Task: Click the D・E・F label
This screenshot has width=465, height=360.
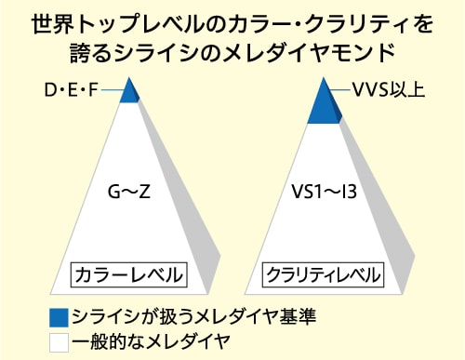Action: pyautogui.click(x=72, y=90)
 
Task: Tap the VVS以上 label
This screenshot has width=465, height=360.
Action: pyautogui.click(x=389, y=90)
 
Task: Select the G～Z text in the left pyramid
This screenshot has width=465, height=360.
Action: pyautogui.click(x=129, y=192)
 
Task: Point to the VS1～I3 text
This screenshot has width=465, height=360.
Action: pyautogui.click(x=324, y=192)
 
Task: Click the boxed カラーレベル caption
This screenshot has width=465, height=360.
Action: pyautogui.click(x=129, y=275)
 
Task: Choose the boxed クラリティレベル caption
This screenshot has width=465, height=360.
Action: pyautogui.click(x=324, y=275)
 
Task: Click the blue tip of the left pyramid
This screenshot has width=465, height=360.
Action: pyautogui.click(x=129, y=91)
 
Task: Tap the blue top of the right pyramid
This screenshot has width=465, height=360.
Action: pyautogui.click(x=324, y=105)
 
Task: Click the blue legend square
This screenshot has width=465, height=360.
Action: pyautogui.click(x=59, y=318)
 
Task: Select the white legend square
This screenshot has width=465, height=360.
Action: pyautogui.click(x=59, y=342)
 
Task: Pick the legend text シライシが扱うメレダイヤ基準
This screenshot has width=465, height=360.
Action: pyautogui.click(x=194, y=317)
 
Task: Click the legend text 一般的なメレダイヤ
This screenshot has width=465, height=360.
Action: pyautogui.click(x=151, y=341)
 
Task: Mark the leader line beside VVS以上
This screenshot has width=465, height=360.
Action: pyautogui.click(x=339, y=90)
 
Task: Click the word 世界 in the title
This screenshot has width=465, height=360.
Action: pyautogui.click(x=53, y=24)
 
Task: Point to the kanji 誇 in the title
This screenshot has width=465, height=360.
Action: pyautogui.click(x=80, y=53)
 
